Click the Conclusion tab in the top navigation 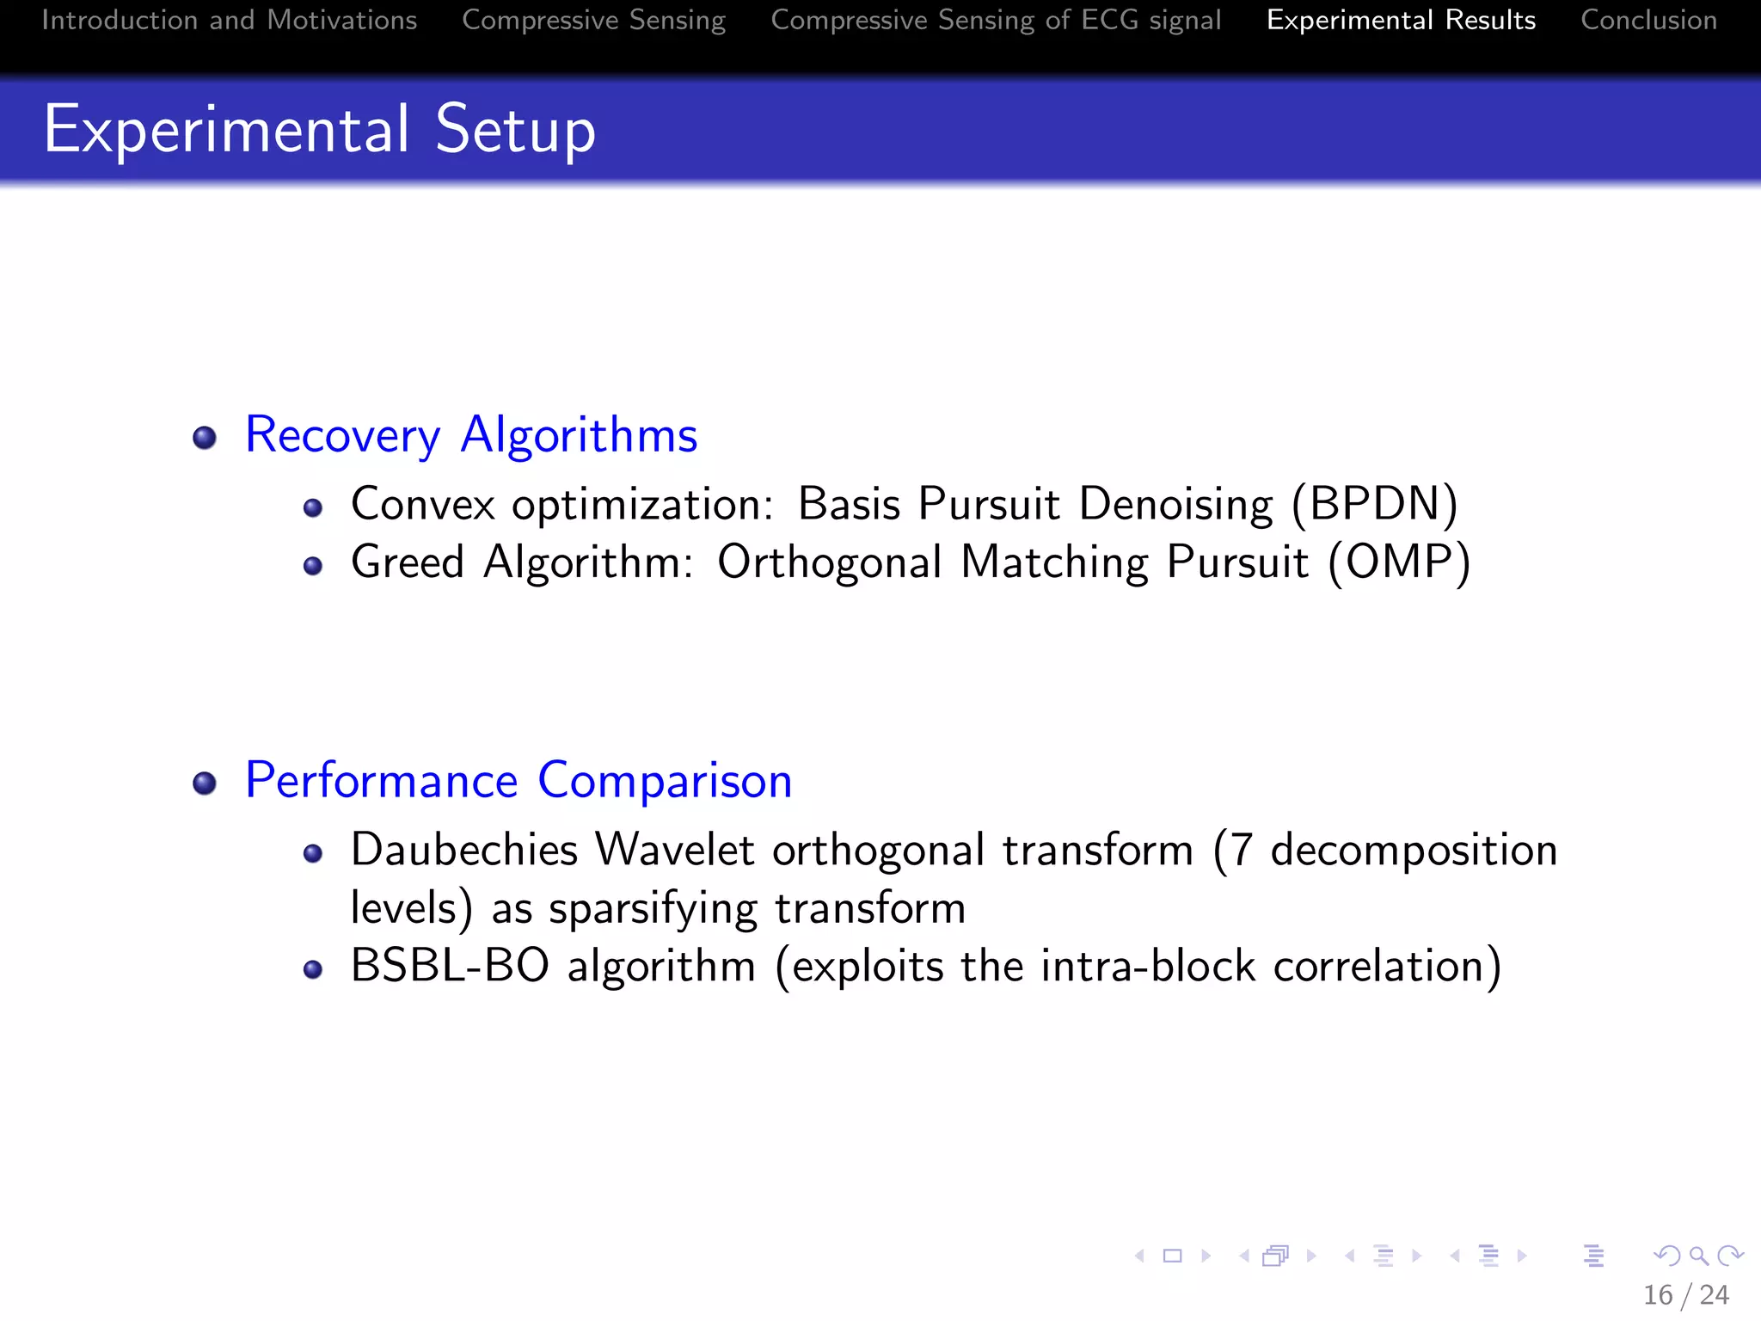1648,21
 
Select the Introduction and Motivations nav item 229,21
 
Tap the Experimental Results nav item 1401,21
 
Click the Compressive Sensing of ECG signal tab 996,21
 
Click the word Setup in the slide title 515,131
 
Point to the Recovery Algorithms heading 470,435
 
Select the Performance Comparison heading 518,781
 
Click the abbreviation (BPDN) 1374,504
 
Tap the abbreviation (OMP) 1399,562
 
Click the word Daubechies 464,850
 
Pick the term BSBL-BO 450,966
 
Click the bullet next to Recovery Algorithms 205,438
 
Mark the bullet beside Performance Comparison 205,783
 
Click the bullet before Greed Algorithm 313,566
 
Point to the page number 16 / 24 1685,1294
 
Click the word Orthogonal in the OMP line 829,562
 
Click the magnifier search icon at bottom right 1698,1256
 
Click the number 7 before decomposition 1241,850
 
